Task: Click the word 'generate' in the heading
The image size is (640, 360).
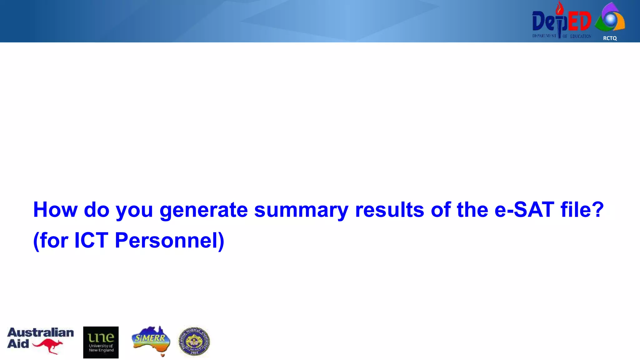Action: coord(203,210)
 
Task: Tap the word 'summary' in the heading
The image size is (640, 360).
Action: coord(301,210)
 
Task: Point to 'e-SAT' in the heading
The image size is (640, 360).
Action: coord(524,209)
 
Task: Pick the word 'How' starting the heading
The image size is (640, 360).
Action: coord(55,209)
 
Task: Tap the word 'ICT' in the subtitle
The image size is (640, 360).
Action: coord(91,240)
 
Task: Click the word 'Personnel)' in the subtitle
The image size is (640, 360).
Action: coord(169,240)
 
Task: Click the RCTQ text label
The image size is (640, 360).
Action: coord(610,38)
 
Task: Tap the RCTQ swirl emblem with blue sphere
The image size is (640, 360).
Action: coord(610,19)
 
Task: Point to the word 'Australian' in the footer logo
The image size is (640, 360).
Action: coord(41,332)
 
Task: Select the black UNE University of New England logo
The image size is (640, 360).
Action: coord(101,342)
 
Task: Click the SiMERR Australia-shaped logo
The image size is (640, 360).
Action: coord(151,340)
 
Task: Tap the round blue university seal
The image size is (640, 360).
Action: coord(194,342)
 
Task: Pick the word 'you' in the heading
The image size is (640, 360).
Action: coord(134,210)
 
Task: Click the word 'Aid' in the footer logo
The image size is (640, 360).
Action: coord(18,344)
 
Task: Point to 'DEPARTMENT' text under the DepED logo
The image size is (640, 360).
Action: coord(544,36)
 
